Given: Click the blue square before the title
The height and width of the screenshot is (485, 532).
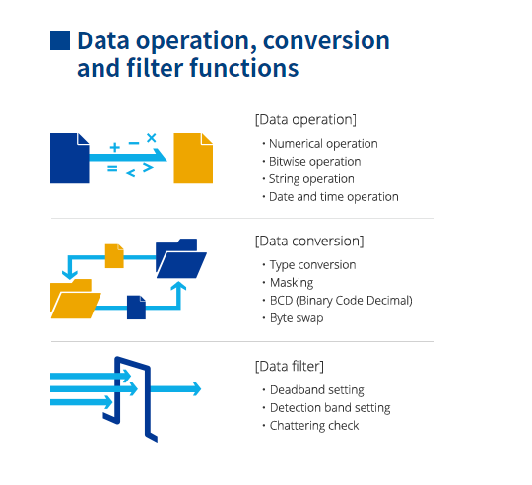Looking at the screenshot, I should [59, 39].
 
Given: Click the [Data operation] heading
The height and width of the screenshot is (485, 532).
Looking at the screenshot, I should [305, 119].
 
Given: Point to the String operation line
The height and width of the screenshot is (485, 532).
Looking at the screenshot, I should [312, 179].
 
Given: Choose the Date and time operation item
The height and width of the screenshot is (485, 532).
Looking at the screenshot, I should [334, 197].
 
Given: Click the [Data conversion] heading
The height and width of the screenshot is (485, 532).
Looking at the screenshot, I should [309, 241].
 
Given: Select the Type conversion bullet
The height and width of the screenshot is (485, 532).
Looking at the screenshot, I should [313, 265].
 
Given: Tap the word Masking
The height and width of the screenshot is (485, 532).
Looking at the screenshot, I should [292, 283].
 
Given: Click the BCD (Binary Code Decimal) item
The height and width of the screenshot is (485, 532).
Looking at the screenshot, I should [341, 301].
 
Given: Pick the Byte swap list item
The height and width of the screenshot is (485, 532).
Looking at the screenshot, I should [297, 318].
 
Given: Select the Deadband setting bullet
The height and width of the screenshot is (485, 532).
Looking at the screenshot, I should [317, 390].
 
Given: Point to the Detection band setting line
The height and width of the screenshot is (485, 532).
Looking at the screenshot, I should [330, 408].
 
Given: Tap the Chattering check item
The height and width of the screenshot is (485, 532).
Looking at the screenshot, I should [315, 426].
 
